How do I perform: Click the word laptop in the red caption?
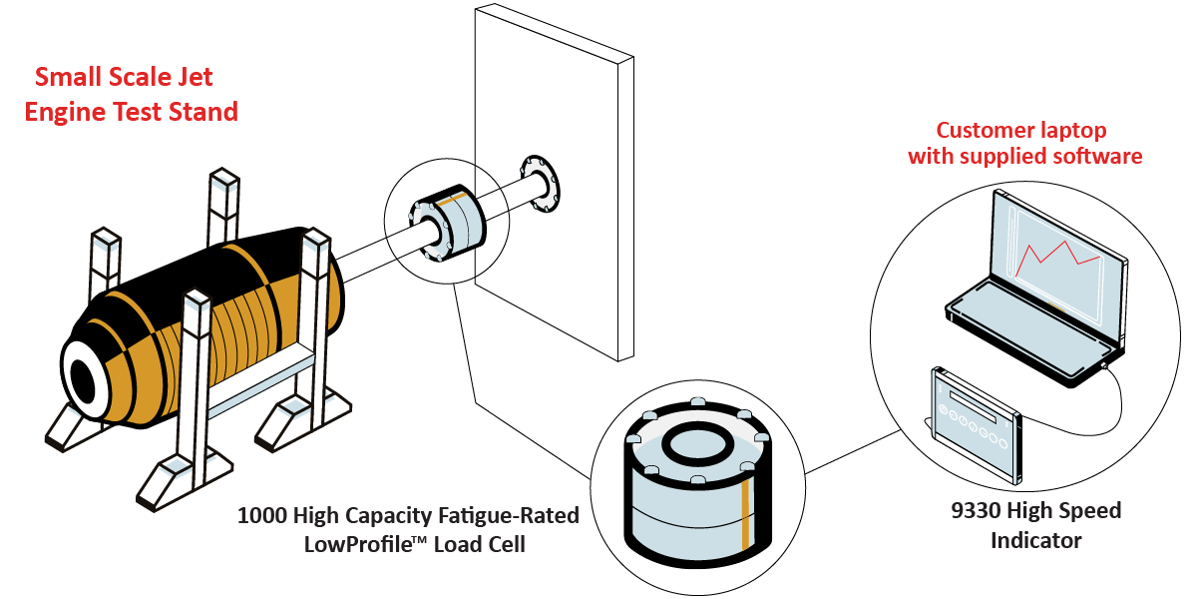(1068, 130)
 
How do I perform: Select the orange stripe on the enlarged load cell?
(745, 519)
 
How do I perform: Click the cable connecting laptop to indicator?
(1117, 399)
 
